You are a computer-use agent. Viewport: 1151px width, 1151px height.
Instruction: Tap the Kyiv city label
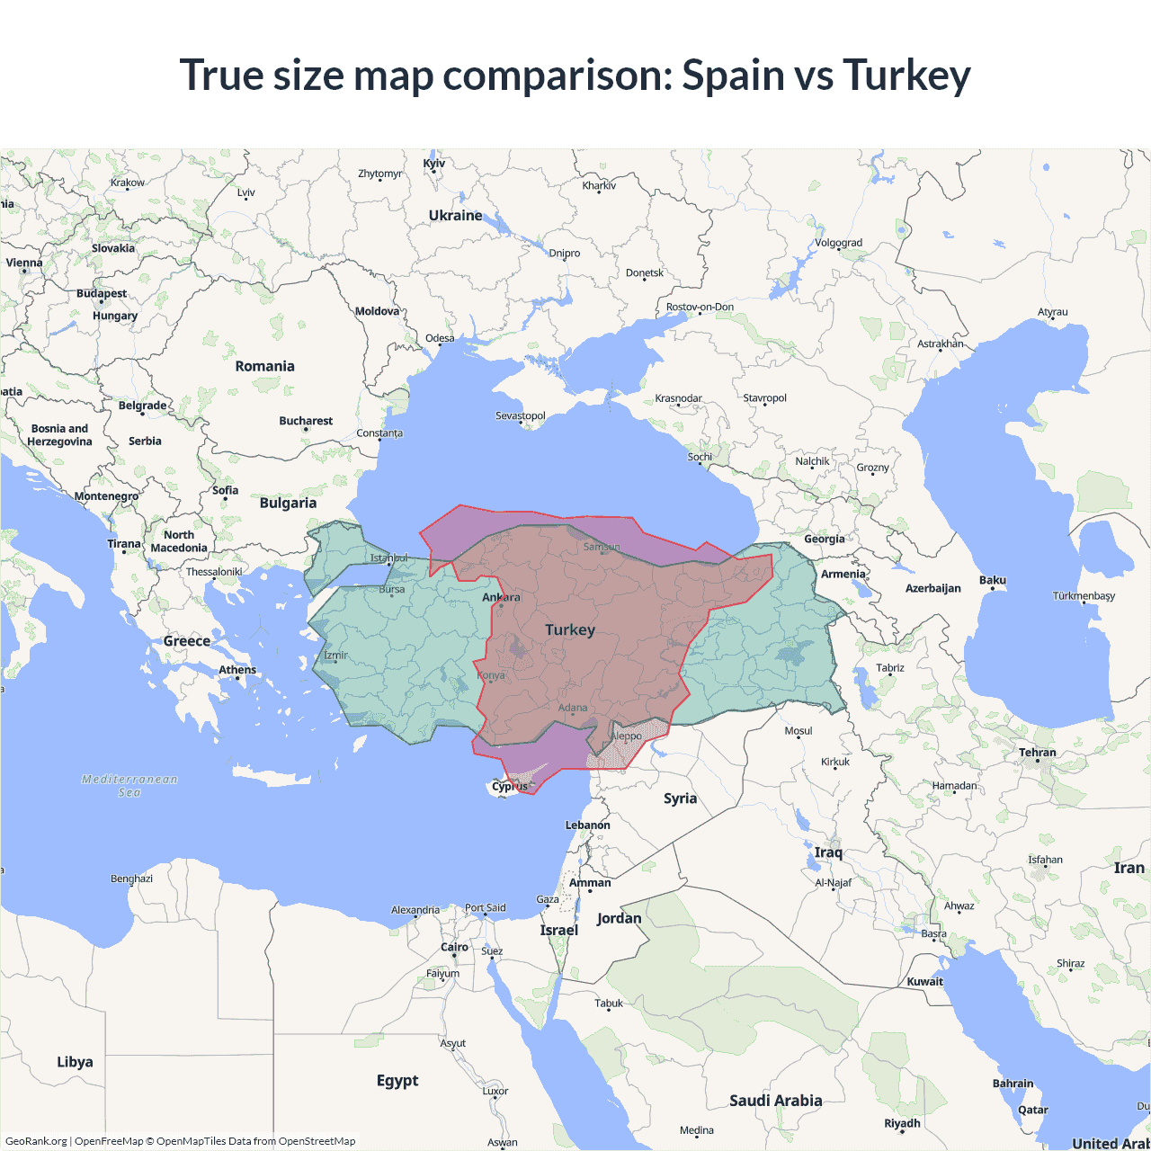(x=434, y=164)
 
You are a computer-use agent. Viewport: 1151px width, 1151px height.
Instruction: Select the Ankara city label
(x=501, y=597)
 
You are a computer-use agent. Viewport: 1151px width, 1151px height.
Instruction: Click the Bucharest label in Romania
(x=306, y=421)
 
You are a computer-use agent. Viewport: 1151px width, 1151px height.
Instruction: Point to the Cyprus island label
(x=510, y=786)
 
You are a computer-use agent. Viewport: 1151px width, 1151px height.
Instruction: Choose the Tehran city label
(x=1037, y=753)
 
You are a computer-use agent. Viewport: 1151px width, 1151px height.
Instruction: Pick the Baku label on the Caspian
(x=993, y=580)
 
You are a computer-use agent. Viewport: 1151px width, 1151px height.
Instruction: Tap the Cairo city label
(x=454, y=947)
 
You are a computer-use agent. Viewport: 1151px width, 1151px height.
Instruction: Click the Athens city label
(x=237, y=670)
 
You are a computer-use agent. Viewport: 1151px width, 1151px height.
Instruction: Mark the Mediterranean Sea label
(x=129, y=785)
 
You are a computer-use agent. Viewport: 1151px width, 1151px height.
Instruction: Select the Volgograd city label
(x=838, y=243)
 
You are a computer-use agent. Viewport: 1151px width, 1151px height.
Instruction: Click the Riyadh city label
(x=902, y=1123)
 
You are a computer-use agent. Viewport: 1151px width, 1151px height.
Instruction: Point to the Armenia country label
(x=843, y=574)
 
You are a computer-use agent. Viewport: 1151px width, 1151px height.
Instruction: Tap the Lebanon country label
(x=587, y=825)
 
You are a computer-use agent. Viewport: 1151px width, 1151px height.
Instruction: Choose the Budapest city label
(x=102, y=293)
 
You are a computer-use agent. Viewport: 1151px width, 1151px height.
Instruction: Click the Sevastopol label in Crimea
(x=521, y=415)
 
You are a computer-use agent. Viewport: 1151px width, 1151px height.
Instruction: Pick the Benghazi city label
(x=131, y=879)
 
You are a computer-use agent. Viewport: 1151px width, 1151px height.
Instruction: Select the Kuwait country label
(x=924, y=981)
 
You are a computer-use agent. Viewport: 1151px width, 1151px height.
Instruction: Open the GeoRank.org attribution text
(x=36, y=1141)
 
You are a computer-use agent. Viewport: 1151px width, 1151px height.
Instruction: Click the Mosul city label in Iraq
(x=798, y=730)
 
